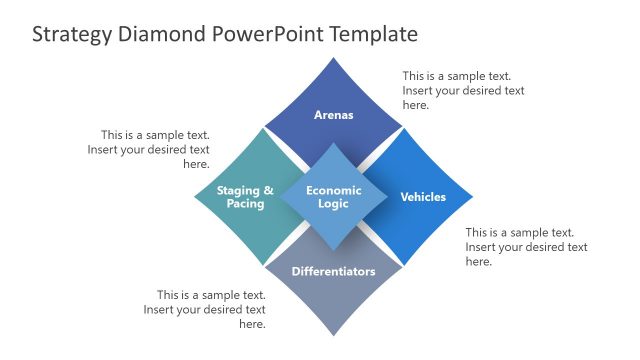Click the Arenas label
pyautogui.click(x=333, y=115)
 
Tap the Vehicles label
pyautogui.click(x=423, y=197)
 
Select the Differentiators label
pyautogui.click(x=333, y=271)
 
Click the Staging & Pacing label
pyautogui.click(x=245, y=197)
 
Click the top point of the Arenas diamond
pyautogui.click(x=333, y=58)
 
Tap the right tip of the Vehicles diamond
pyautogui.click(x=472, y=197)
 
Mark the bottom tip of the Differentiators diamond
pyautogui.click(x=333, y=335)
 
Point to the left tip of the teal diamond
pyautogui.click(x=195, y=197)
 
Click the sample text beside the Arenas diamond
pyautogui.click(x=463, y=90)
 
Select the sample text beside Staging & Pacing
pyautogui.click(x=155, y=149)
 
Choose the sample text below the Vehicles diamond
pyautogui.click(x=526, y=247)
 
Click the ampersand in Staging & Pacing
pyautogui.click(x=267, y=190)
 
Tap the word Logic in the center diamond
pyautogui.click(x=333, y=204)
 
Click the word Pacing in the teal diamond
pyautogui.click(x=245, y=204)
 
